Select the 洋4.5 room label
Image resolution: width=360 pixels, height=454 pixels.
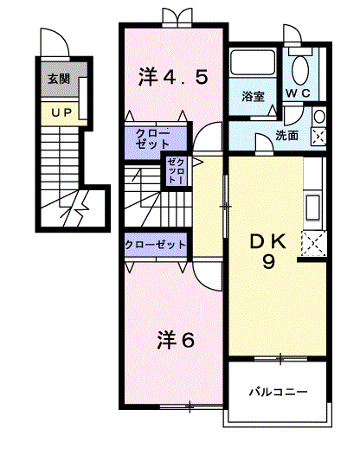coord(173,77)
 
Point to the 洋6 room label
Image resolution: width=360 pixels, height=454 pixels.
coord(176,339)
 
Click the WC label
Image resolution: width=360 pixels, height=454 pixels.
coord(299,93)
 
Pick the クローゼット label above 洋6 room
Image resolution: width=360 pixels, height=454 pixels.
coord(156,246)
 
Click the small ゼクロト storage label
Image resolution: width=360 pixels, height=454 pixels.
coord(175,170)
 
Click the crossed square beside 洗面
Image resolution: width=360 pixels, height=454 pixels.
coord(318,135)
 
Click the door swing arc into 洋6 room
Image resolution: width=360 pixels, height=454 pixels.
coord(205,276)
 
